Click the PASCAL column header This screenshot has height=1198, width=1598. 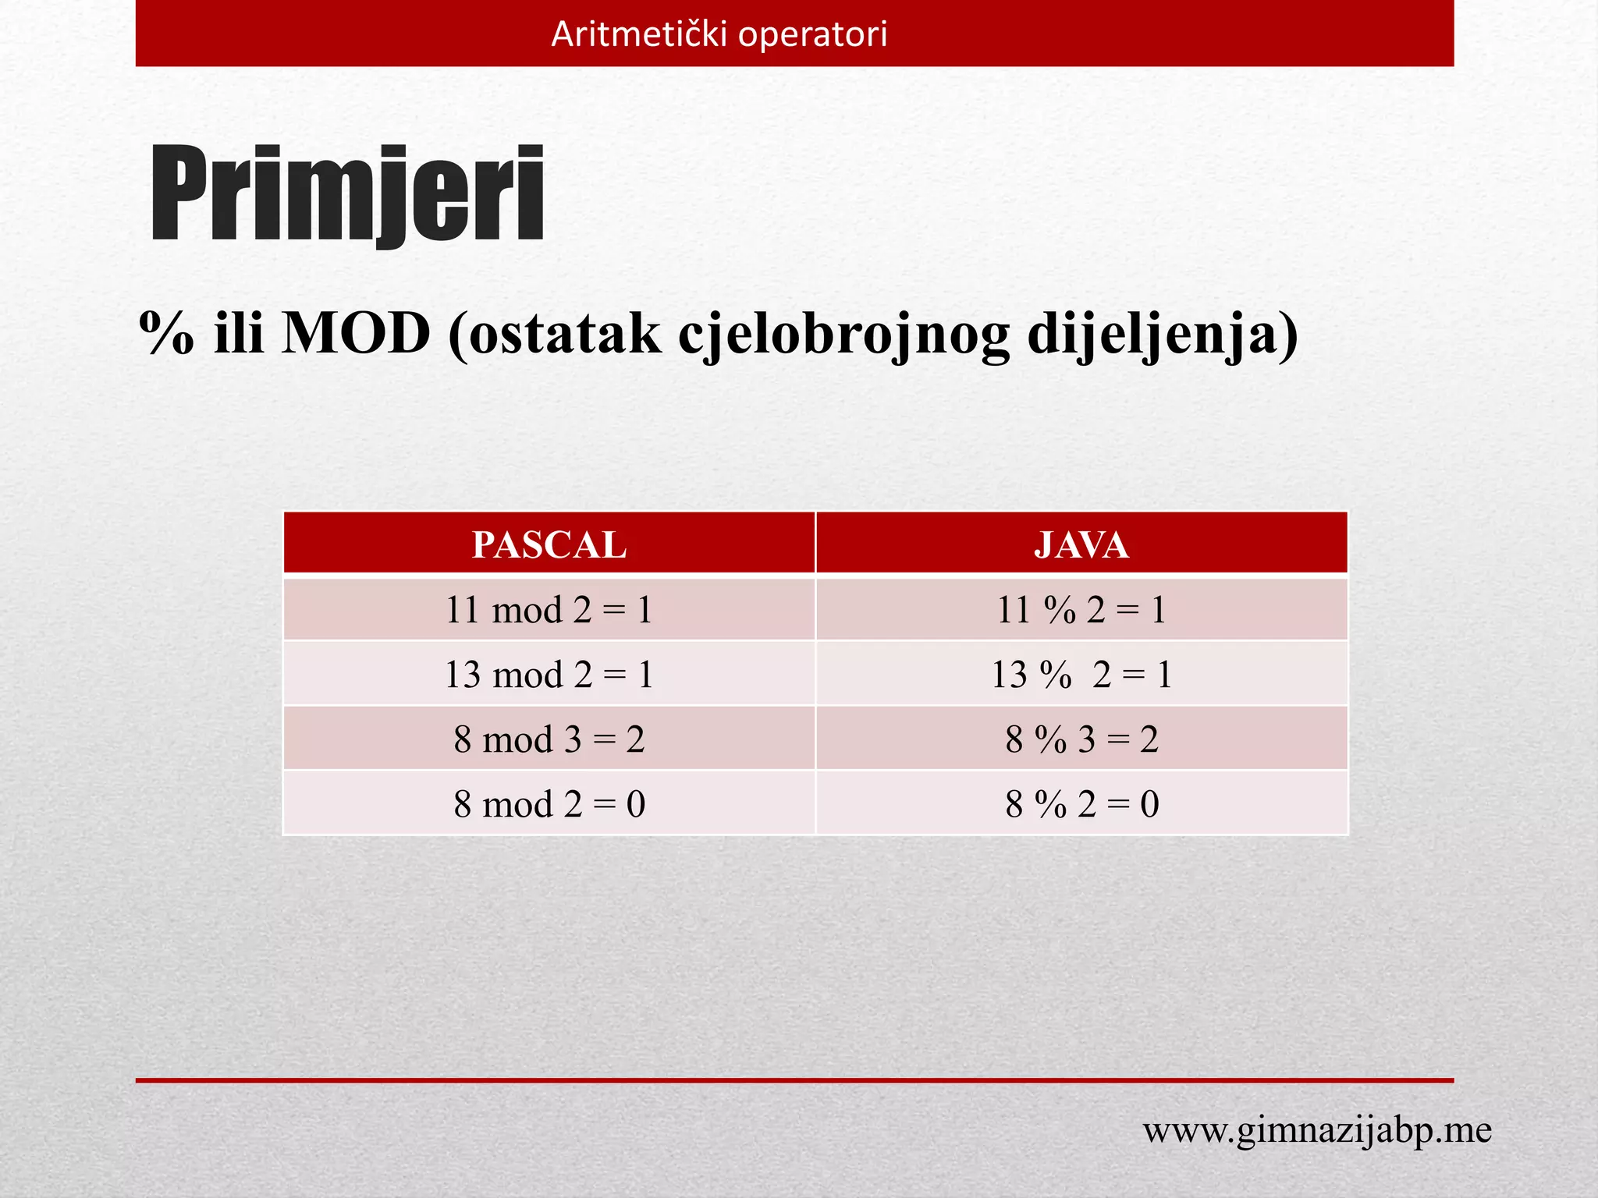(549, 544)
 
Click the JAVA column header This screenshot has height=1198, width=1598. (1081, 544)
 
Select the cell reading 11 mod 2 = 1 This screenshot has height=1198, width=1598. (549, 609)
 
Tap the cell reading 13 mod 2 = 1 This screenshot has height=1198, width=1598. (549, 674)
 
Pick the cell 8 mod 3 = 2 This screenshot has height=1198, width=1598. (549, 739)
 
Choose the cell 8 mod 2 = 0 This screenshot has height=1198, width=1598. (549, 803)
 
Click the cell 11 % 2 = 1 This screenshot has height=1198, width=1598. (1081, 609)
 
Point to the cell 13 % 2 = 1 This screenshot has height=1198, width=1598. (1081, 674)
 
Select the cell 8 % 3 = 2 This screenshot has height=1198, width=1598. (1081, 739)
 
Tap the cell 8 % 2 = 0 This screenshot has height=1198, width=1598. (1081, 803)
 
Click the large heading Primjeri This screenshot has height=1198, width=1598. (346, 195)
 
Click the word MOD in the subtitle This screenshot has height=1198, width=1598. (356, 334)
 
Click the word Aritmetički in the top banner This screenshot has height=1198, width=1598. (639, 34)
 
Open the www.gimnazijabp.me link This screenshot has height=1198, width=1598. (1317, 1130)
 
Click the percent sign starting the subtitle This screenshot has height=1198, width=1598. (166, 334)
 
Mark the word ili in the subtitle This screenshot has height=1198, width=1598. (239, 334)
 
